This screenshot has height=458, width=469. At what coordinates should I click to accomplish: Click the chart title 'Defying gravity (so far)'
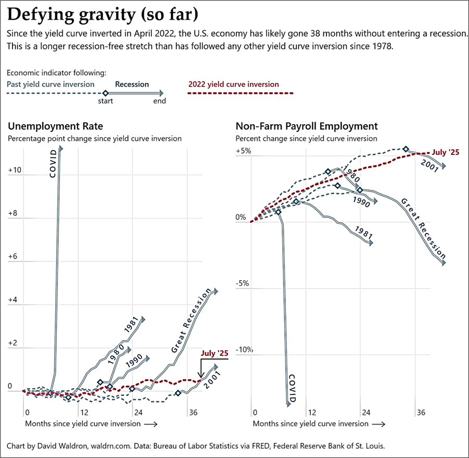(103, 14)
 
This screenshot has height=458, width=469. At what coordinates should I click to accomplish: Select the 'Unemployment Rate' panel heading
(55, 126)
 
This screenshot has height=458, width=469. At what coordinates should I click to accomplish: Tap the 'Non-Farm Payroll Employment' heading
(307, 126)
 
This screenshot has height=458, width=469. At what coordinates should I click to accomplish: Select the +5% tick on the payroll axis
(243, 151)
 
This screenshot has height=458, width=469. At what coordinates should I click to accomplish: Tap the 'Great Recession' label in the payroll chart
(423, 228)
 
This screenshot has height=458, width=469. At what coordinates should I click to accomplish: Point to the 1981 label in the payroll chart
(363, 233)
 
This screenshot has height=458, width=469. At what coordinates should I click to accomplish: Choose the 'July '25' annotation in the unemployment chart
(214, 354)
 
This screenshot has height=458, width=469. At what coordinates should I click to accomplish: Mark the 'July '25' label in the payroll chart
(446, 152)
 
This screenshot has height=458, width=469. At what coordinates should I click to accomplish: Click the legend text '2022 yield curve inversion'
(233, 84)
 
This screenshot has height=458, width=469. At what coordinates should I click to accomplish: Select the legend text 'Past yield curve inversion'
(51, 84)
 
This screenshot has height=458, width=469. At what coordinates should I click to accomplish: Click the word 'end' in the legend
(160, 101)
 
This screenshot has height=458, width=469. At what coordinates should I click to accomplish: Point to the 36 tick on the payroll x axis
(420, 412)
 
